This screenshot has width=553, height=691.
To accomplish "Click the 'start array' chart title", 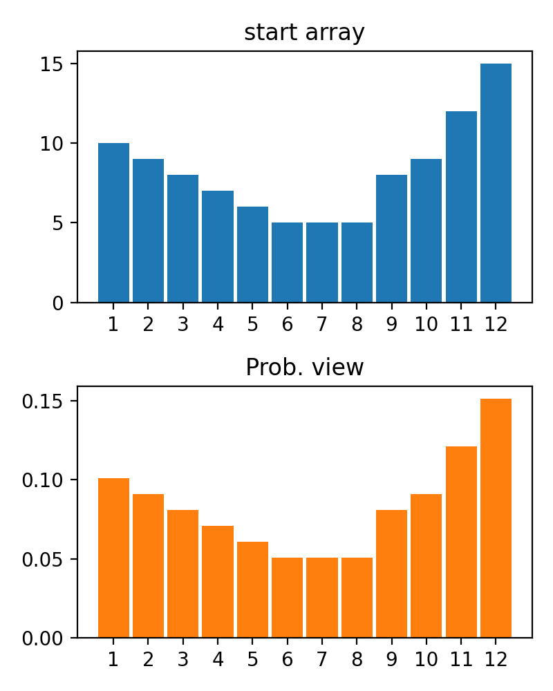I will (x=304, y=32).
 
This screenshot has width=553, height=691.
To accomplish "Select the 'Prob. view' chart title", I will (x=304, y=368).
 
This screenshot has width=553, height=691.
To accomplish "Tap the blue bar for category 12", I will (x=496, y=183).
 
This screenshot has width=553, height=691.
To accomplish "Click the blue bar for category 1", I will (x=113, y=223).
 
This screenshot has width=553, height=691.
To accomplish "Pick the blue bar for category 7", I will (x=322, y=263).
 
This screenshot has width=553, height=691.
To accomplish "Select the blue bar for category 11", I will (x=461, y=207).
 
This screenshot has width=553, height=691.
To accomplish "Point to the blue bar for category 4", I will (x=218, y=247).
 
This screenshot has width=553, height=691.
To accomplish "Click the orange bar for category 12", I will (x=496, y=518).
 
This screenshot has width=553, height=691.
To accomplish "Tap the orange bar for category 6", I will (x=287, y=598).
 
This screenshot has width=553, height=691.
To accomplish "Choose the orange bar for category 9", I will (x=391, y=574).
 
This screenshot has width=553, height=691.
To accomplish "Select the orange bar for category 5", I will (x=252, y=589).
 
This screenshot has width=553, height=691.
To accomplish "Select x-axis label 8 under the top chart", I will (x=357, y=324).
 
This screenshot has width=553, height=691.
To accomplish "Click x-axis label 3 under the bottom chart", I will (x=182, y=659).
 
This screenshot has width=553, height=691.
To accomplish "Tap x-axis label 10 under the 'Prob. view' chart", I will (x=427, y=659).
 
